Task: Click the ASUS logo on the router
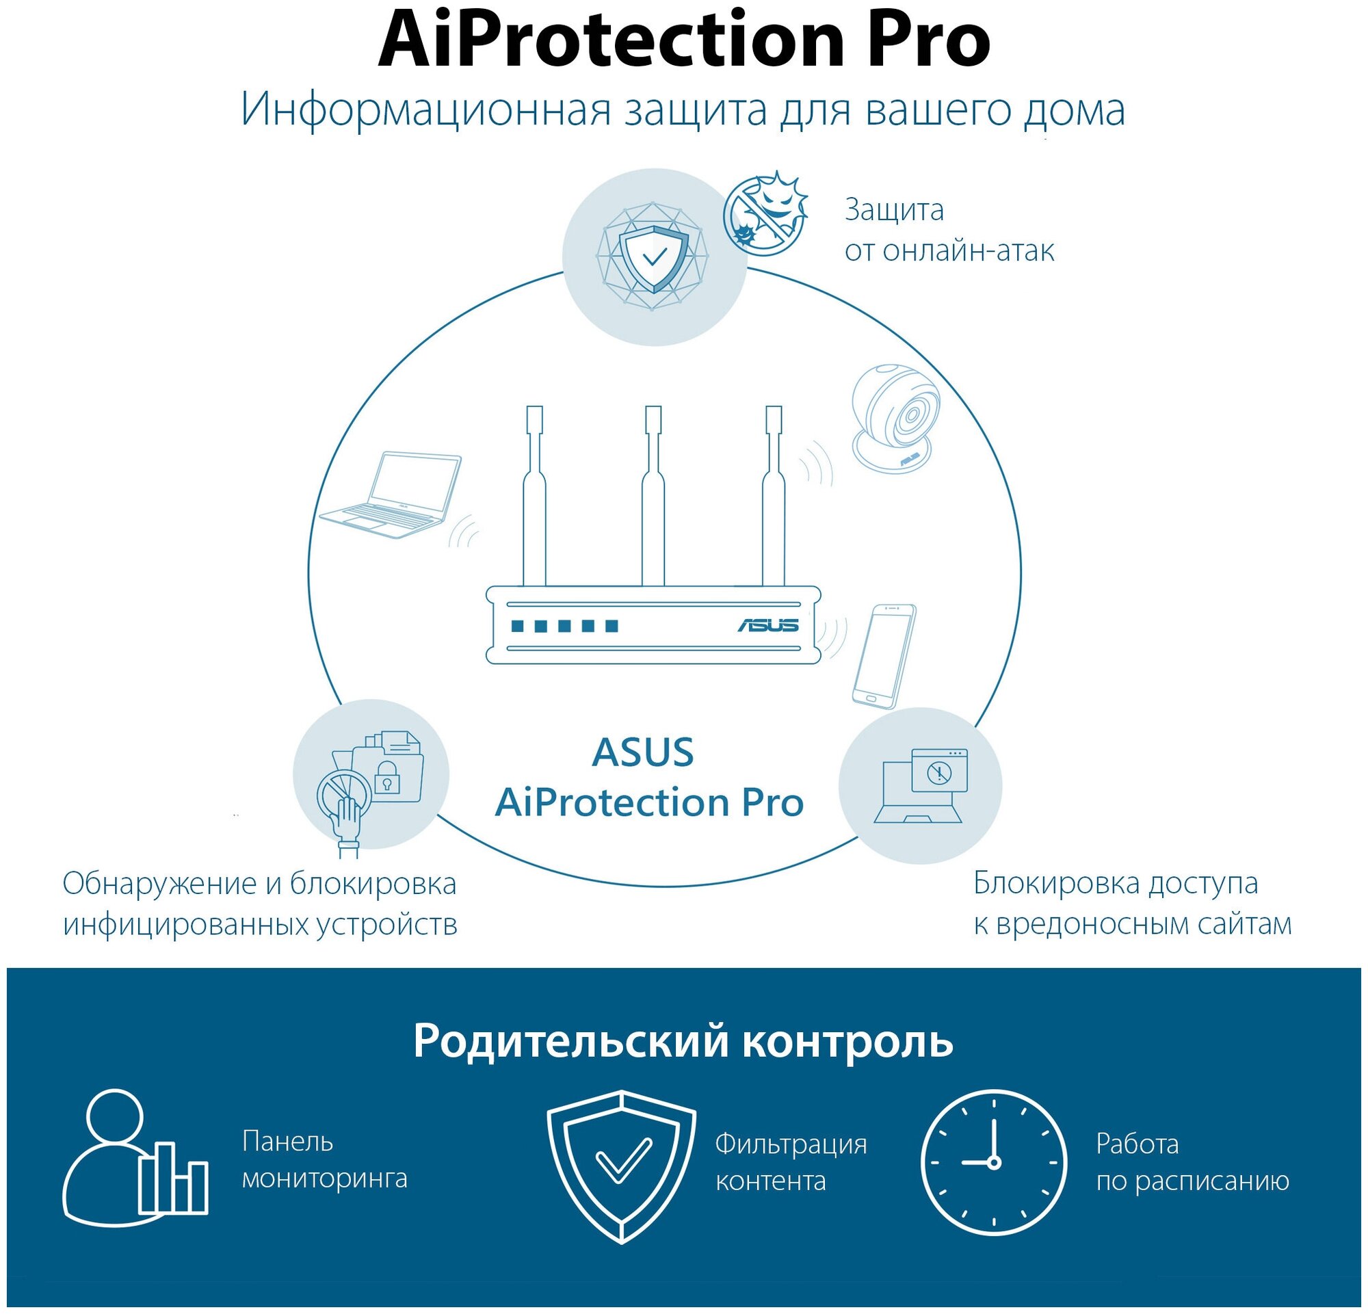point(767,625)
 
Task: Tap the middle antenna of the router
point(653,495)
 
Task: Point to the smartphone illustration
point(884,656)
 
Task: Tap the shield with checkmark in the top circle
point(654,257)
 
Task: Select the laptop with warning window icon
point(921,785)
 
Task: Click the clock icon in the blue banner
point(993,1163)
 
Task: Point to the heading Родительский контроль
point(683,1040)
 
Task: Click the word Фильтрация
point(791,1144)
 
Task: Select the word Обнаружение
point(159,884)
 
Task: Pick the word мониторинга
point(324,1179)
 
